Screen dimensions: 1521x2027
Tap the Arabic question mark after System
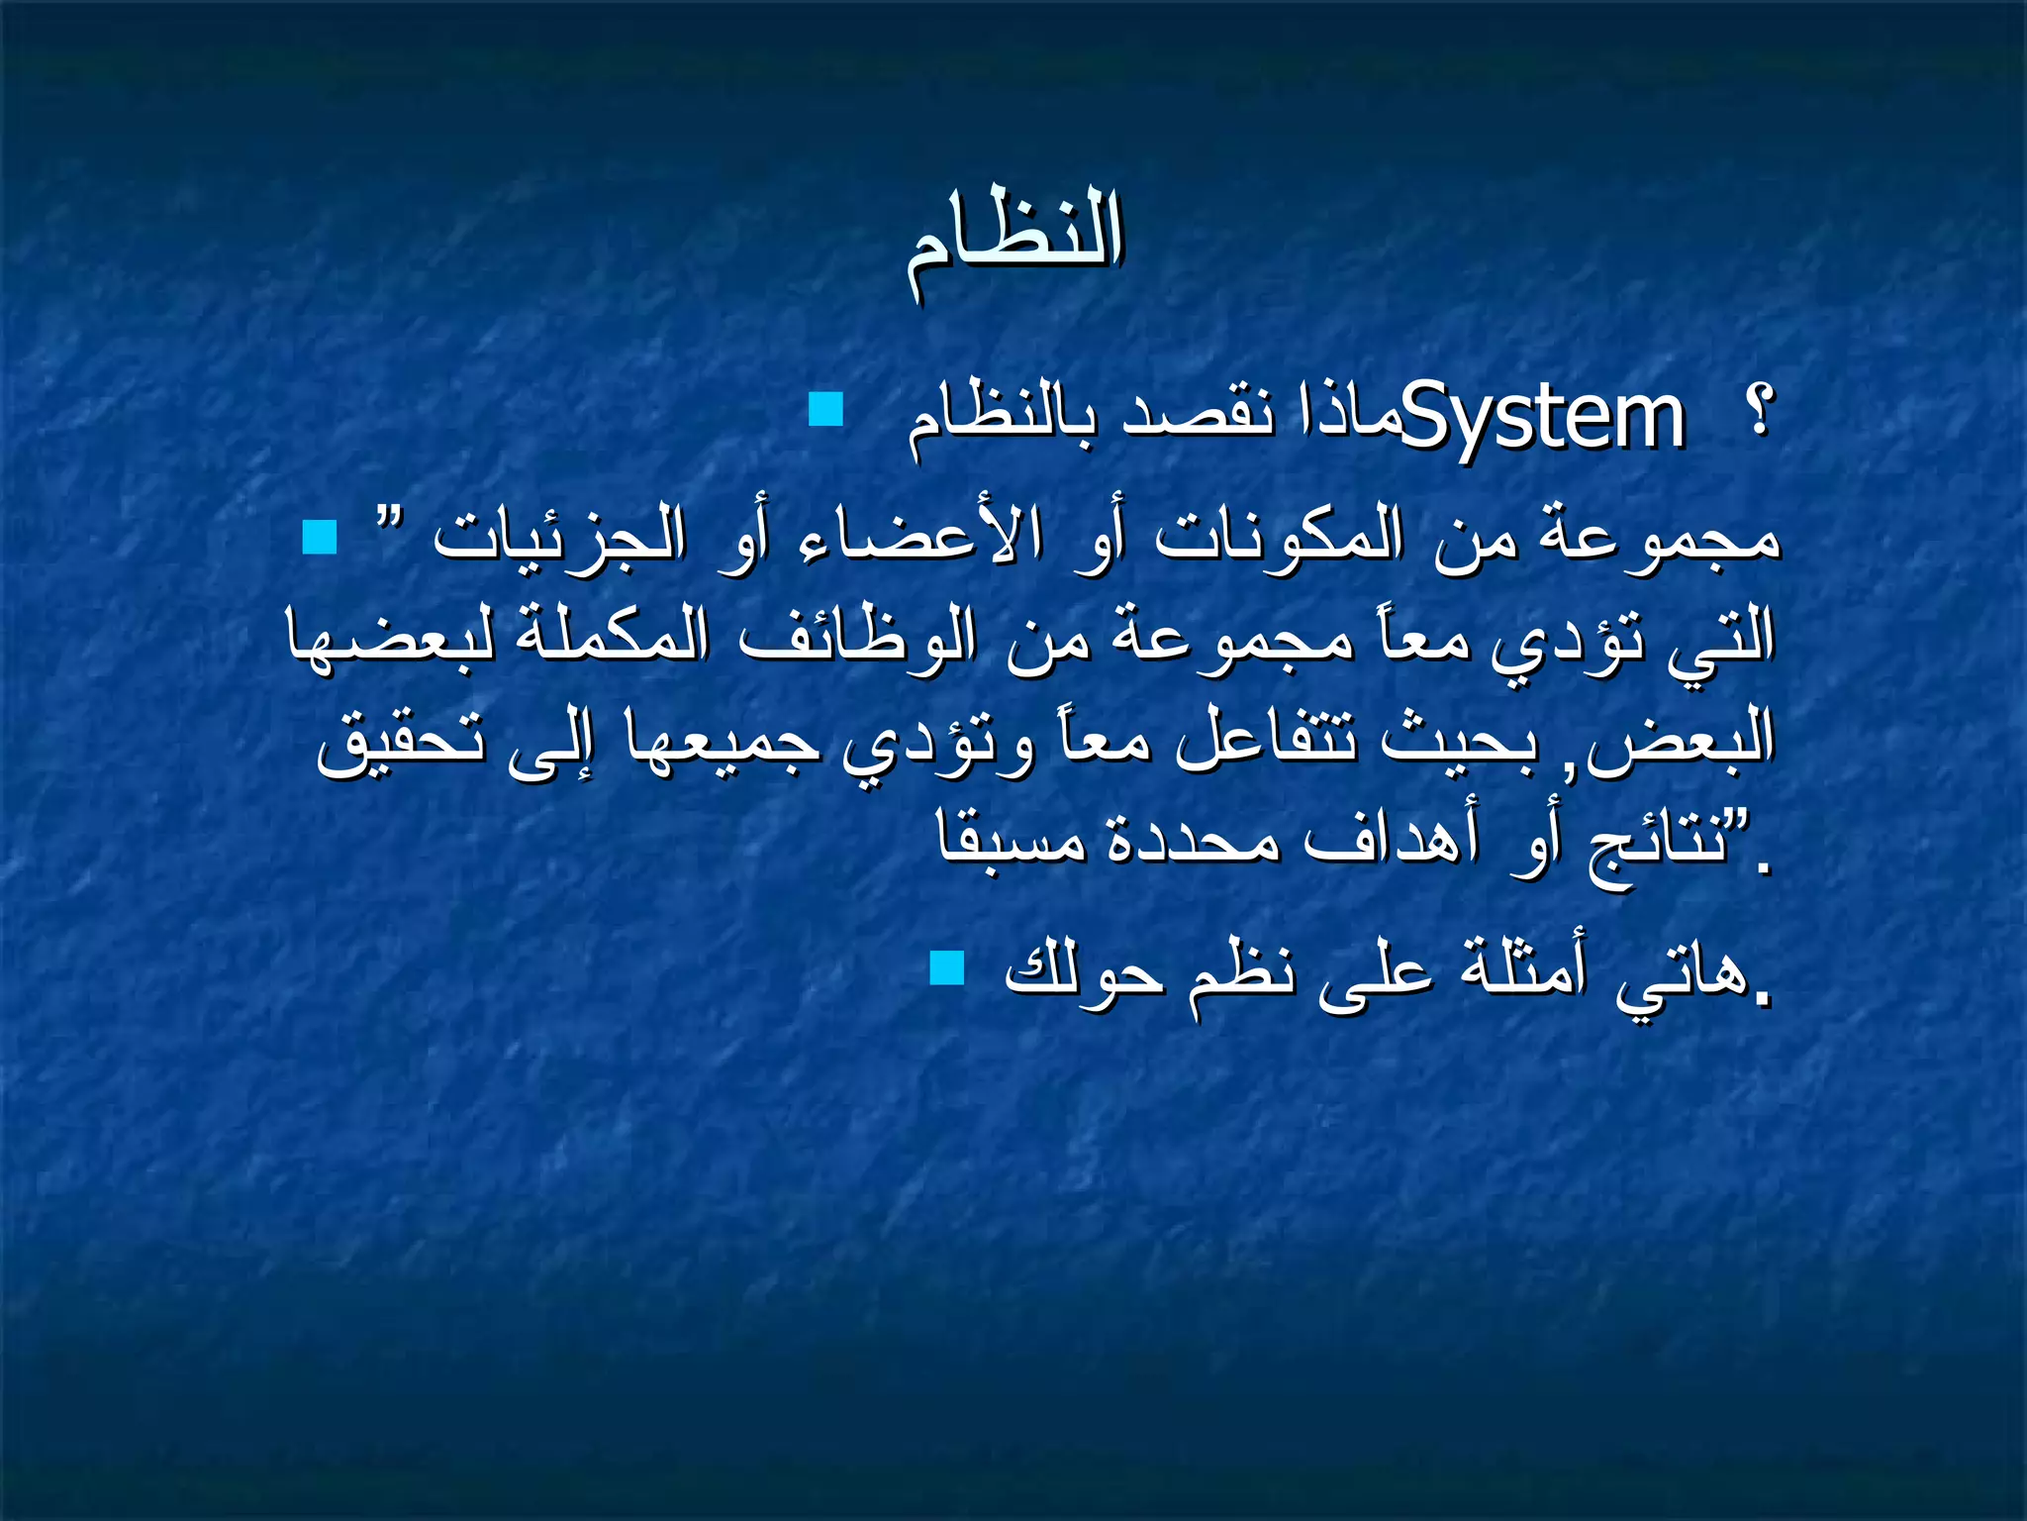[1759, 411]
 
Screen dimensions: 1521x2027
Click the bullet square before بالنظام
[825, 409]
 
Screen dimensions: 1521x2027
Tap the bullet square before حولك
[947, 968]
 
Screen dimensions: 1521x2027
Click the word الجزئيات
[560, 540]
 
